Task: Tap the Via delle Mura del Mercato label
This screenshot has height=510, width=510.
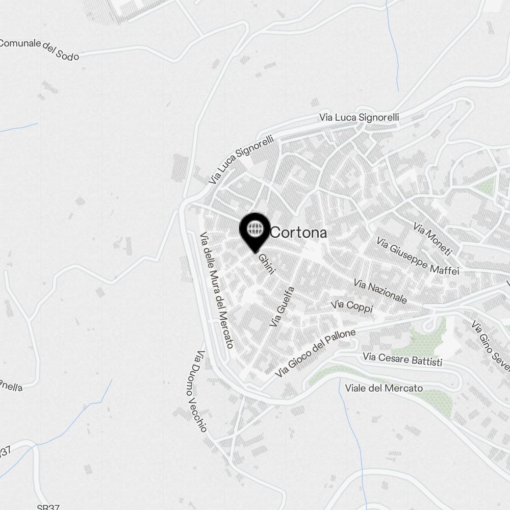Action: tap(217, 290)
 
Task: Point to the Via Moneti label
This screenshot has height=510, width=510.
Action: tap(432, 239)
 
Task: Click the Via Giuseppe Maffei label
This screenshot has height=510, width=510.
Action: tap(418, 256)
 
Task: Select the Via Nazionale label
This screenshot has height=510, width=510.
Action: tap(380, 291)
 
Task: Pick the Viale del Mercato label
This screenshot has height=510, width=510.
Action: tap(384, 388)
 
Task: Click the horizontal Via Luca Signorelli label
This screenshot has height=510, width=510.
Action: tap(359, 117)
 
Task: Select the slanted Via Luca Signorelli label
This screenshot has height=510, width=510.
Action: tap(241, 159)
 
